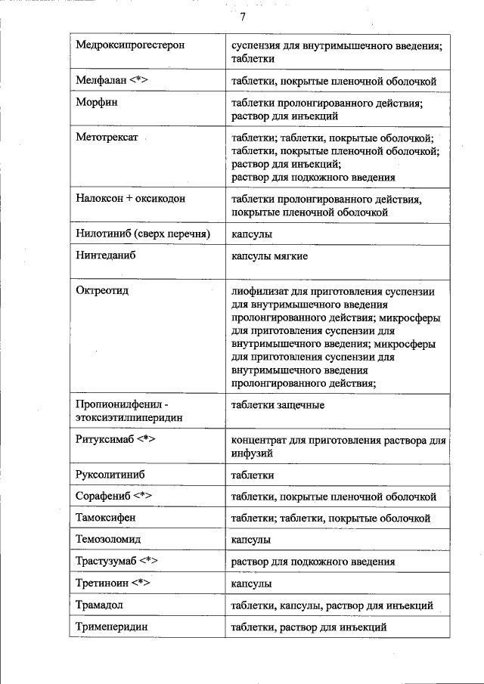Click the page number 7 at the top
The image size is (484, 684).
(x=243, y=17)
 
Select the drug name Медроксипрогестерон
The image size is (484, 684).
(x=130, y=45)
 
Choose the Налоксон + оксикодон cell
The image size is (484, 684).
(x=130, y=199)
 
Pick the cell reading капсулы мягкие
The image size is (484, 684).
(x=269, y=256)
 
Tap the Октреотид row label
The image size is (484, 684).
(x=102, y=291)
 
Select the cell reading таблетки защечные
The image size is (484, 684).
(x=278, y=404)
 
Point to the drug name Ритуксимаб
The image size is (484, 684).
(x=107, y=440)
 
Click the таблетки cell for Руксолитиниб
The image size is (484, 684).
(x=253, y=475)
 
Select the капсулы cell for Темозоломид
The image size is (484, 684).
(x=251, y=540)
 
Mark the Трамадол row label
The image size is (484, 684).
(x=99, y=605)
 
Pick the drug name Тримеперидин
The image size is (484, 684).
(x=111, y=627)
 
